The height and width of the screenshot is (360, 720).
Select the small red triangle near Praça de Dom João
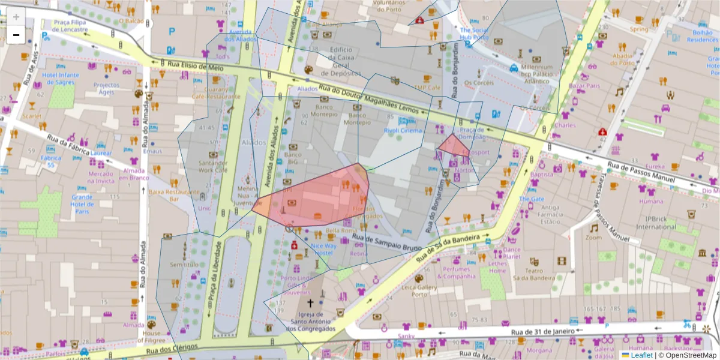coord(449,145)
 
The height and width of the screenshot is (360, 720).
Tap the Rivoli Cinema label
coord(403,130)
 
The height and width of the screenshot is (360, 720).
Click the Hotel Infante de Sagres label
coord(61,79)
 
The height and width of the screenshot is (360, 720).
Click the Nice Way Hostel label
coord(323,249)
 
